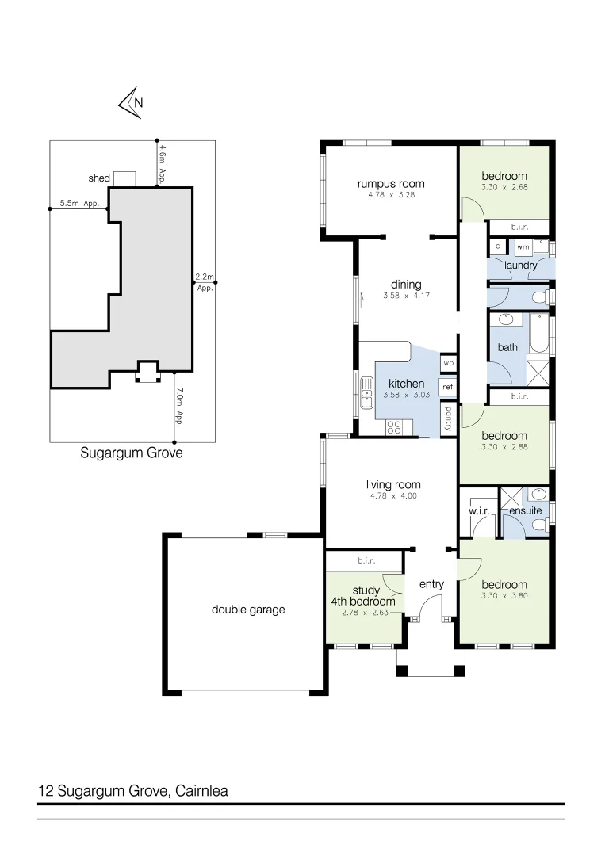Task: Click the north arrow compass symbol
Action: point(130,102)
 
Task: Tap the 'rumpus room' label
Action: point(390,183)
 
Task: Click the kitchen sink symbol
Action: point(367,392)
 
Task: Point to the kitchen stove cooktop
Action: point(394,428)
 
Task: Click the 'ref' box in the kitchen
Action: point(448,387)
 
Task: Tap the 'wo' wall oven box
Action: point(448,363)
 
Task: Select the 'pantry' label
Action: point(449,418)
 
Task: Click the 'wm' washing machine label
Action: point(522,247)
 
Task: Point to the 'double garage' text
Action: point(247,610)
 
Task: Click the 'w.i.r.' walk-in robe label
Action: point(478,511)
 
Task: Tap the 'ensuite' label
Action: point(525,511)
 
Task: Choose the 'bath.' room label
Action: point(508,347)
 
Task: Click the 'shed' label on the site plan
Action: point(98,178)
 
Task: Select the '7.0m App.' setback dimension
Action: point(180,406)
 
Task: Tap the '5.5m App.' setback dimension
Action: point(78,204)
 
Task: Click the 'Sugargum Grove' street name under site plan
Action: point(132,454)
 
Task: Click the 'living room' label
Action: point(393,484)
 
